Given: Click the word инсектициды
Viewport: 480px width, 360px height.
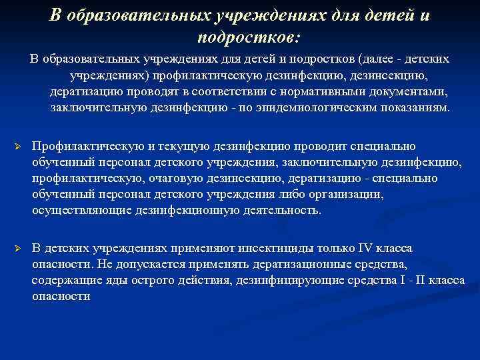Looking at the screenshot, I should tap(253, 249).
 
